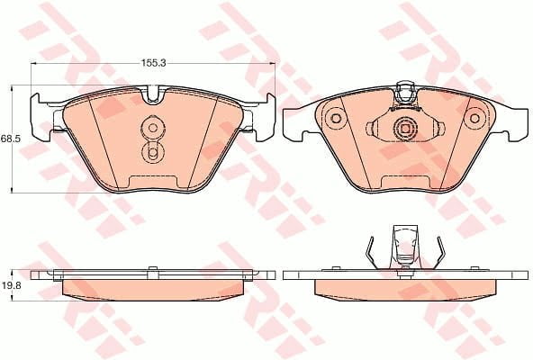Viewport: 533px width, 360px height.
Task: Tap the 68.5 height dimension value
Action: [11, 139]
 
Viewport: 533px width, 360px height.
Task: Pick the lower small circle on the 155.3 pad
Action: [152, 154]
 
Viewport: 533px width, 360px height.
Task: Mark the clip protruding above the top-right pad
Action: [404, 89]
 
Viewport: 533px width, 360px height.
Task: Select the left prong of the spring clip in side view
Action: [371, 251]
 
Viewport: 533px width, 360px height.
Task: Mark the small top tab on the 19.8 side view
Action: [153, 267]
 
